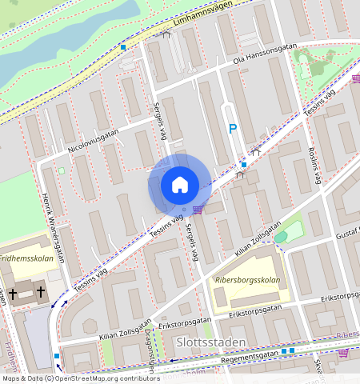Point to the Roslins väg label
tap(314, 166)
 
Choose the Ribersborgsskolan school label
tap(247, 281)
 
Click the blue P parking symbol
tap(233, 128)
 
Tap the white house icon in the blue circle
tap(180, 185)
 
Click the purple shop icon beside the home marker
tap(198, 210)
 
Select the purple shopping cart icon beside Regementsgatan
tap(343, 352)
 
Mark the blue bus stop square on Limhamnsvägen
tap(123, 47)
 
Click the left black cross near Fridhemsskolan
tap(13, 294)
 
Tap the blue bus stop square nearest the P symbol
tap(244, 165)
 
